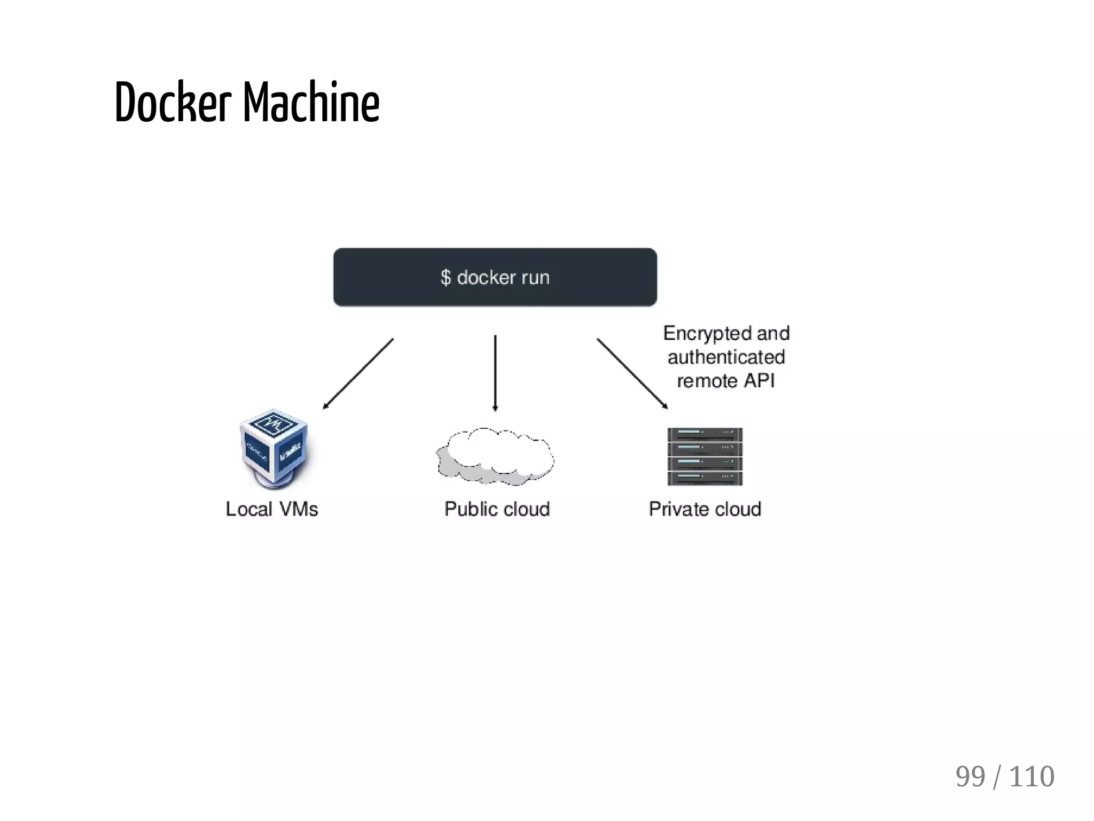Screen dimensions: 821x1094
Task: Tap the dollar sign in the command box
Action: [x=446, y=278]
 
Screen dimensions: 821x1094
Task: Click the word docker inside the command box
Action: [x=486, y=277]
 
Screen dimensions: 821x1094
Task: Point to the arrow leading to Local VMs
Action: [x=358, y=373]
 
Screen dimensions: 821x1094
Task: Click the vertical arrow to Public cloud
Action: [x=495, y=373]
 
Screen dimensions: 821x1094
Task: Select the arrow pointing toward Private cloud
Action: [x=632, y=373]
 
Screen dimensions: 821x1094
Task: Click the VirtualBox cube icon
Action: [x=274, y=448]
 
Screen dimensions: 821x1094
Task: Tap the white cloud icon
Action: [x=495, y=456]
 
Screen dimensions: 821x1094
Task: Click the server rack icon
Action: [x=705, y=456]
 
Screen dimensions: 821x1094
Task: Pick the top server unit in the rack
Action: [x=705, y=434]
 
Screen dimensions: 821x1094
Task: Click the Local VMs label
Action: [x=271, y=509]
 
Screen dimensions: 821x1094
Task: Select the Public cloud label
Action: [x=497, y=509]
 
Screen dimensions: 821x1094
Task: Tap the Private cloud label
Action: [x=705, y=509]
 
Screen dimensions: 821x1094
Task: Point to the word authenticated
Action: [x=726, y=357]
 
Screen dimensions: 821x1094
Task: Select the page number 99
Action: [x=970, y=777]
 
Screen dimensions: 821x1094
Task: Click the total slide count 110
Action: [x=1031, y=777]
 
